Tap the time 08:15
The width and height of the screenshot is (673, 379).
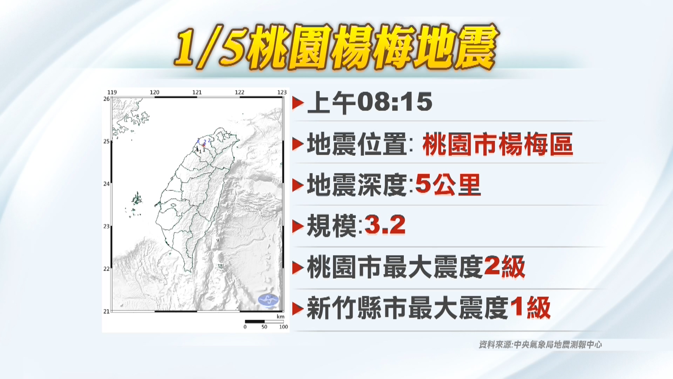pyautogui.click(x=394, y=102)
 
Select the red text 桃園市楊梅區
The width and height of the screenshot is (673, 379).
pyautogui.click(x=498, y=144)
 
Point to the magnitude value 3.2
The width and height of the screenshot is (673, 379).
pyautogui.click(x=385, y=225)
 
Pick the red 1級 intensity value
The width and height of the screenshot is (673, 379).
pyautogui.click(x=530, y=308)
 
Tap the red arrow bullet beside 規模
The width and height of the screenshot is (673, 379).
pyautogui.click(x=298, y=226)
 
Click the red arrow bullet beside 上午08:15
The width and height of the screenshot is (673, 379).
pyautogui.click(x=298, y=103)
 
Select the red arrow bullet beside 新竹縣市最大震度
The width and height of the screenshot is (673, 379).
pyautogui.click(x=298, y=309)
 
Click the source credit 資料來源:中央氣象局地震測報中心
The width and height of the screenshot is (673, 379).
pyautogui.click(x=540, y=345)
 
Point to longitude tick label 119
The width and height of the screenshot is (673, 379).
pyautogui.click(x=112, y=92)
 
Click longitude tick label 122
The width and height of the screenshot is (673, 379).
pyautogui.click(x=239, y=92)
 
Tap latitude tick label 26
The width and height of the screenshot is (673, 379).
pyautogui.click(x=106, y=99)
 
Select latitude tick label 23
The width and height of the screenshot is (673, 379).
pyautogui.click(x=106, y=226)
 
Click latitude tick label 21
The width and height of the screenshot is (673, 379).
pyautogui.click(x=106, y=311)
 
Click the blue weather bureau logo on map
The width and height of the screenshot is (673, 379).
pyautogui.click(x=268, y=300)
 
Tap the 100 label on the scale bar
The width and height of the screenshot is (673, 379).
pyautogui.click(x=283, y=327)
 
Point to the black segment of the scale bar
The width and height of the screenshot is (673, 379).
pyautogui.click(x=254, y=321)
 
